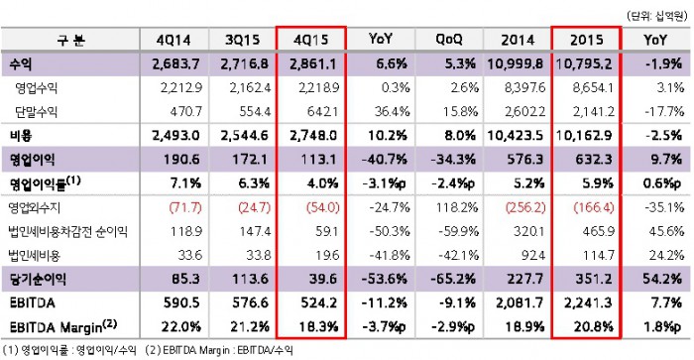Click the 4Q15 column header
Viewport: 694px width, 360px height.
tap(310, 40)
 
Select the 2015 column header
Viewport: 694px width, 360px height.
tap(587, 40)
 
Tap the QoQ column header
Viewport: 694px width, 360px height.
tap(449, 40)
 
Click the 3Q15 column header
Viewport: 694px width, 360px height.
tap(242, 40)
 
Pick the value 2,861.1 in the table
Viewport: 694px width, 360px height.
tap(313, 63)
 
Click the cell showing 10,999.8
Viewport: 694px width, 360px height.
tap(515, 63)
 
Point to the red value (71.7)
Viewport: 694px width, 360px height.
tap(185, 207)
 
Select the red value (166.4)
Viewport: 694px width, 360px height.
tap(594, 207)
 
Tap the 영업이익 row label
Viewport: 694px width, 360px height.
tap(33, 160)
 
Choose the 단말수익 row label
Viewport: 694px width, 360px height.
tap(36, 112)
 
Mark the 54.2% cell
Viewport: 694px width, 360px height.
tap(662, 279)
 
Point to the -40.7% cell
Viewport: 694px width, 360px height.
tap(385, 160)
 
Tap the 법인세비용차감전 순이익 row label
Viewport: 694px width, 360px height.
tap(68, 231)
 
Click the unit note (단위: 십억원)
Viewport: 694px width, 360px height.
tap(656, 17)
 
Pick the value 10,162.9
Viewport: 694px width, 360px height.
tap(584, 136)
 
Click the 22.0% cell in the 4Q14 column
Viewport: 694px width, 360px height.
tap(181, 327)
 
